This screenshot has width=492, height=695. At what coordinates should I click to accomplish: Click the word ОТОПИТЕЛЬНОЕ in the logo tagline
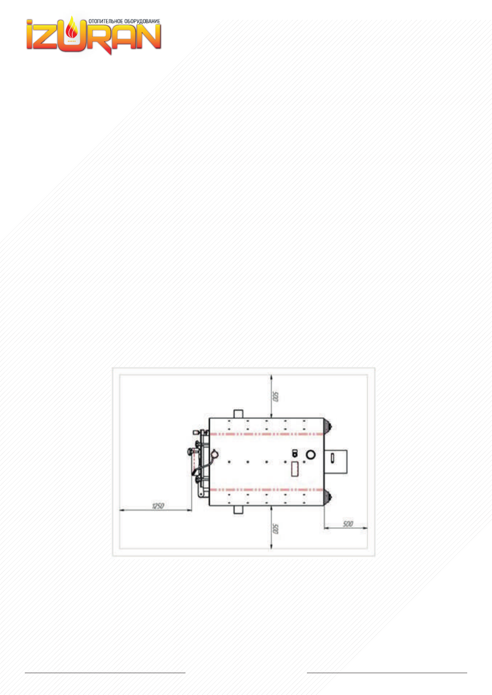[x=106, y=21]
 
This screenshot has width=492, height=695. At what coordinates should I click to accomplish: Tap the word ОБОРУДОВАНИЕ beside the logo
[x=142, y=21]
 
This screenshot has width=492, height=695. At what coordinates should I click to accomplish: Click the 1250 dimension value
[x=158, y=506]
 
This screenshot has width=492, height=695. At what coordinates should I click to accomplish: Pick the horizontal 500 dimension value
[x=348, y=524]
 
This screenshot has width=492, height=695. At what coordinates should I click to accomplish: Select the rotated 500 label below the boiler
[x=275, y=529]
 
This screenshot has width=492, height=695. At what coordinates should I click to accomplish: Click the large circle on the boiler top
[x=311, y=455]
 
